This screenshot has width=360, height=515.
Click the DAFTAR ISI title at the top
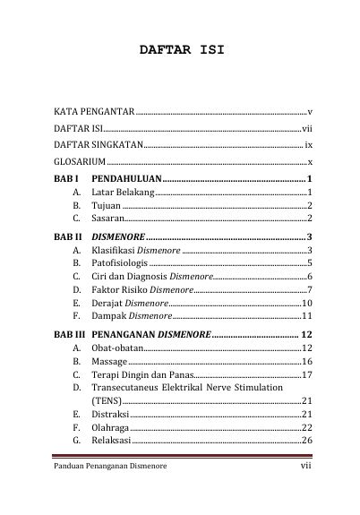click(x=181, y=51)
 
